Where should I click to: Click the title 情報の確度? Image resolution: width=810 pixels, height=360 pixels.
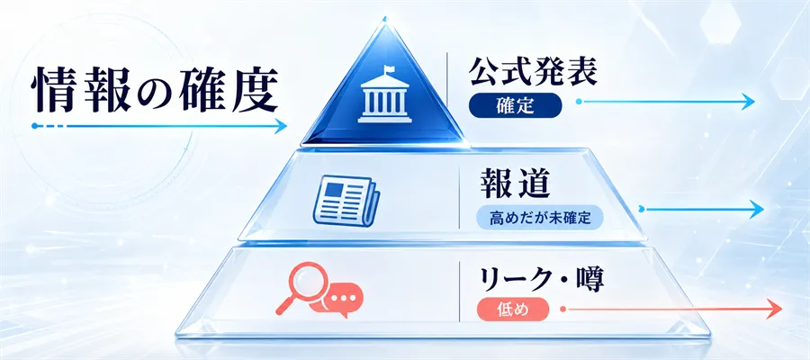coord(155,91)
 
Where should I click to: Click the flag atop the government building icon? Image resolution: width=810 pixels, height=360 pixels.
coord(387,69)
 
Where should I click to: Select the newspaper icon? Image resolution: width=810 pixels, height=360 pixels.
coord(346,201)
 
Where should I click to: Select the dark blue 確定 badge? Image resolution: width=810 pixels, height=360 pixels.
coord(515,105)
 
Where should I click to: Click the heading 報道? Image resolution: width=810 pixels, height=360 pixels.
coord(515,184)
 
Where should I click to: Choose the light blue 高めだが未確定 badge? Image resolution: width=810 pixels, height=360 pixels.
coord(539,219)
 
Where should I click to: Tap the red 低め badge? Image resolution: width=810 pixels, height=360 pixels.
coord(512,310)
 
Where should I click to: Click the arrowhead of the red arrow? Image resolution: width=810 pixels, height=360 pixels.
coord(774,309)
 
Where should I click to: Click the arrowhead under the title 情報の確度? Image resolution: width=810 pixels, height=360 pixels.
coord(281,125)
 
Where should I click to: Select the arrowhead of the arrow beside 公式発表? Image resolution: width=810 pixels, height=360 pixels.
coord(747,102)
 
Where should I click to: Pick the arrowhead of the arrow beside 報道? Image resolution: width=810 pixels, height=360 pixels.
coord(757,209)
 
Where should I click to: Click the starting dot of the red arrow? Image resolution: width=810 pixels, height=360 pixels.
coord(563,309)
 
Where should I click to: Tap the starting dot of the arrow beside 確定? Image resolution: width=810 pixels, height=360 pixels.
coord(579,102)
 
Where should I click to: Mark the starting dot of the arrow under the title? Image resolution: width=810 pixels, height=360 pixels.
coord(34,125)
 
